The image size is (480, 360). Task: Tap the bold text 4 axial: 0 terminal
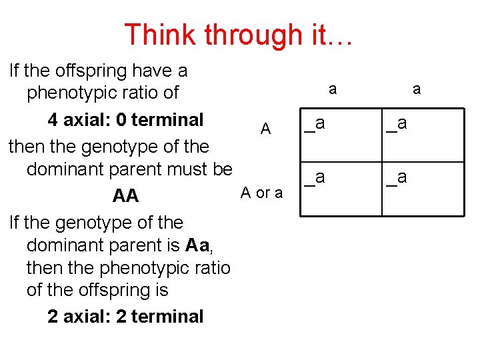click(125, 120)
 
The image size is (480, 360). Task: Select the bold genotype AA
click(125, 196)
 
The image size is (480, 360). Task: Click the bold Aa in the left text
click(199, 245)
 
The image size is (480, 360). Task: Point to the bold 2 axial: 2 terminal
click(125, 316)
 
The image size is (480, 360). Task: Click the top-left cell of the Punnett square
click(341, 136)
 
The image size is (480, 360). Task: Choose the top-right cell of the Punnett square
click(423, 136)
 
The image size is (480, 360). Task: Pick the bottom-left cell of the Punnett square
click(341, 189)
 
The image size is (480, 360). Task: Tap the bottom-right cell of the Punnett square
click(423, 189)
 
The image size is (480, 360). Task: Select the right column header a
click(417, 89)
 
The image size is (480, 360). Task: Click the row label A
click(266, 129)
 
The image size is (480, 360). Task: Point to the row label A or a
click(261, 193)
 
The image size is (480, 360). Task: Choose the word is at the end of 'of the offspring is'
click(160, 290)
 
